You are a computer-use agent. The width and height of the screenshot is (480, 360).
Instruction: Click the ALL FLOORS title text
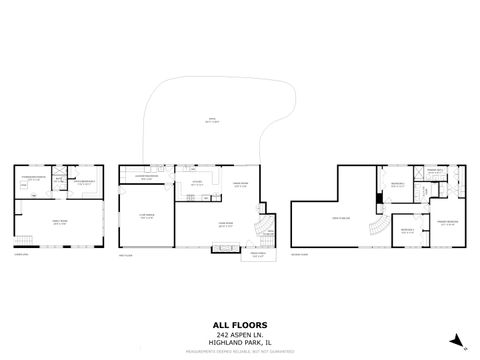click(239, 325)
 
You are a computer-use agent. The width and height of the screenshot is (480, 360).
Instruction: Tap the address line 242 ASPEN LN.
click(239, 334)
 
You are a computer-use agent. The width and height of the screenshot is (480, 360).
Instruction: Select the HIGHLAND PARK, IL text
click(239, 342)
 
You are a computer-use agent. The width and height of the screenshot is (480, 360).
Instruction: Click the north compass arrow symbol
click(455, 340)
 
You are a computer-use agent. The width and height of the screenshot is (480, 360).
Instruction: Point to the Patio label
click(211, 122)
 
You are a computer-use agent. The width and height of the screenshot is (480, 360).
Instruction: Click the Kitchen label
click(198, 182)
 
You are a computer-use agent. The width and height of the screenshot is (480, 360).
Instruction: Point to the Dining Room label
click(240, 184)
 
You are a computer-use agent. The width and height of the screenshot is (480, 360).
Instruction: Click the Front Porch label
click(257, 255)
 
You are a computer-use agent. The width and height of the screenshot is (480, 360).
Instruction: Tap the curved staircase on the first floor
click(262, 232)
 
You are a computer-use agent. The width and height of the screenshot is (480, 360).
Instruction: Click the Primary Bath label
click(434, 170)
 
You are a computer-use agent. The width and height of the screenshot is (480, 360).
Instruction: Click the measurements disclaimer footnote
click(239, 352)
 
